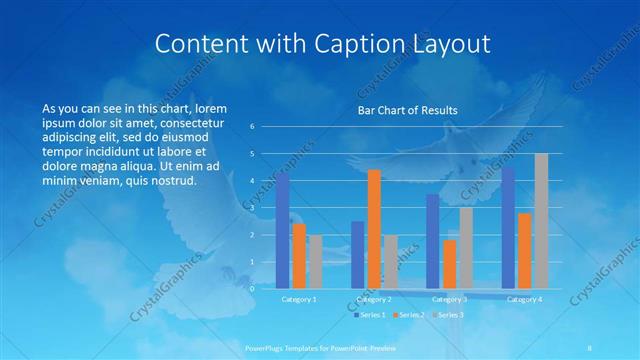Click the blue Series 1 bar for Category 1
283,230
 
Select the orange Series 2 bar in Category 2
374,229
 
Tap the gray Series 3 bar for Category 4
541,221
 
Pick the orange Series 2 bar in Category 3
450,264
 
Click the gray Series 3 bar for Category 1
315,262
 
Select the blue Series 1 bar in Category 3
434,241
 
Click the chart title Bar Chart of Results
407,110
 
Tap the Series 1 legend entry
367,315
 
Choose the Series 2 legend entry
407,315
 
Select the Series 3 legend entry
447,315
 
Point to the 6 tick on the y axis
252,127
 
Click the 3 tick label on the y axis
252,208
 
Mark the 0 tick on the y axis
252,289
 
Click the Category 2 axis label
374,299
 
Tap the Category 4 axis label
525,299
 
